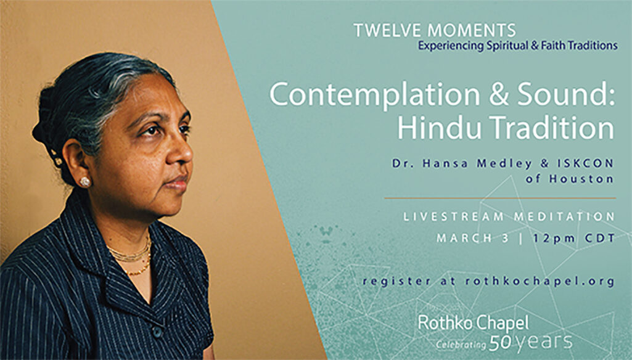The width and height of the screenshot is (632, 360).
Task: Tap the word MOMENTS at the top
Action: [470, 31]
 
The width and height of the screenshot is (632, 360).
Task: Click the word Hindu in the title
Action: [440, 128]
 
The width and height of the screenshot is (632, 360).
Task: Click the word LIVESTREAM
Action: [453, 217]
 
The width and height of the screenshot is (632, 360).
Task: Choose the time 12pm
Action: [554, 239]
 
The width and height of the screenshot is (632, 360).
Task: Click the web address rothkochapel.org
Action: [540, 281]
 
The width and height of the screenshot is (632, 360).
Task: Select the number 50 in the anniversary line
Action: [500, 343]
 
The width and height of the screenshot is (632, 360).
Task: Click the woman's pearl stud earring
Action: [85, 182]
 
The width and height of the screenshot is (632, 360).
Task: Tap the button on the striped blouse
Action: [158, 332]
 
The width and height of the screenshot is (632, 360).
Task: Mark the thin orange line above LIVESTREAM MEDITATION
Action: [500, 198]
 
